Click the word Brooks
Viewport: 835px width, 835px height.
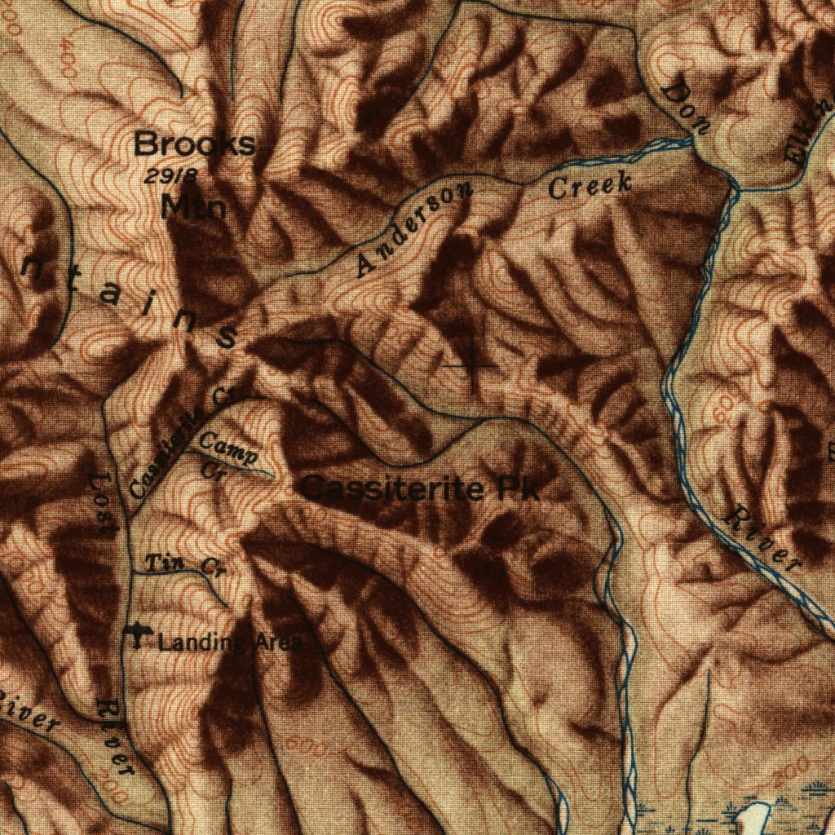(x=194, y=145)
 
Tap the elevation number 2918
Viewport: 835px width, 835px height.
(x=170, y=175)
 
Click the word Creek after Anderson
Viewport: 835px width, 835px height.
(x=590, y=185)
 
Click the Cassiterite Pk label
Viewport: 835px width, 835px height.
(x=420, y=489)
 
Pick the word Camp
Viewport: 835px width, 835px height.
(x=229, y=448)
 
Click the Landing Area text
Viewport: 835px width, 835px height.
(x=231, y=643)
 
